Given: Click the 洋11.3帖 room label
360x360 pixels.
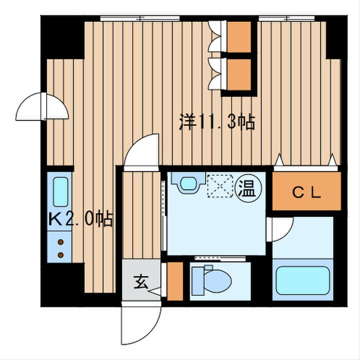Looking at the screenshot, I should [x=217, y=122].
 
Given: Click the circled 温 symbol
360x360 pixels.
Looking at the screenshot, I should [x=247, y=188].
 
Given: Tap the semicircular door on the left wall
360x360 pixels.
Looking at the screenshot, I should [x=42, y=106].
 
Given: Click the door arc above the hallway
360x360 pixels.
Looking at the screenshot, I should [x=143, y=151].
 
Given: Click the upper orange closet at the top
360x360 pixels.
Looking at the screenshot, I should [x=238, y=37].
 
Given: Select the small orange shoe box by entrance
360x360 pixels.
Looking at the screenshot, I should [x=175, y=281].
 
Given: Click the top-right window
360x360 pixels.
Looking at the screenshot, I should [x=288, y=19].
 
